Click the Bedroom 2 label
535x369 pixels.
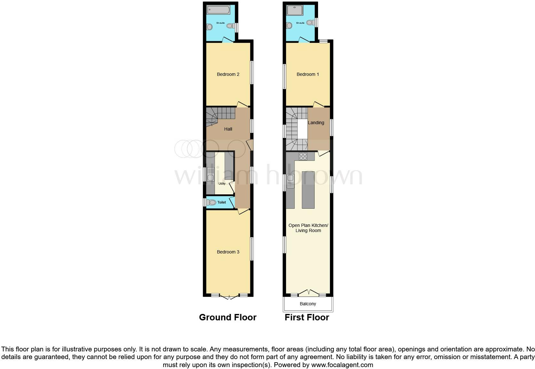pyautogui.click(x=228, y=74)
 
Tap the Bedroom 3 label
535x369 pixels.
pyautogui.click(x=228, y=252)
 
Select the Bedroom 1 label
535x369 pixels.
pyautogui.click(x=307, y=74)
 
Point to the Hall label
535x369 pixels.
pyautogui.click(x=228, y=129)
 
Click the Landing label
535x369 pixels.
pyautogui.click(x=316, y=123)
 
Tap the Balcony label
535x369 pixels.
pyautogui.click(x=307, y=304)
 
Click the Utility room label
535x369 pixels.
pyautogui.click(x=222, y=184)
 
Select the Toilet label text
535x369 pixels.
pyautogui.click(x=221, y=202)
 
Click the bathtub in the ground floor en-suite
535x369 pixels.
pyautogui.click(x=217, y=10)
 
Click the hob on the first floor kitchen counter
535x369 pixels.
pyautogui.click(x=303, y=156)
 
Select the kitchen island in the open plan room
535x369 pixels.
pyautogui.click(x=308, y=189)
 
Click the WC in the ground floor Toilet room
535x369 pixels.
pyautogui.click(x=211, y=202)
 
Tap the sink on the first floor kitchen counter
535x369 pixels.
pyautogui.click(x=291, y=180)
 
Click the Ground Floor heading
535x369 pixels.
pyautogui.click(x=228, y=317)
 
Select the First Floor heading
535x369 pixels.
pyautogui.click(x=307, y=317)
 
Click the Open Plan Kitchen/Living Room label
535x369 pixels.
pyautogui.click(x=308, y=228)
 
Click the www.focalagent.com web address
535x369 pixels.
pyautogui.click(x=342, y=365)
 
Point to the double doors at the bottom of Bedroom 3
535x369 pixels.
pyautogui.click(x=229, y=296)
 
